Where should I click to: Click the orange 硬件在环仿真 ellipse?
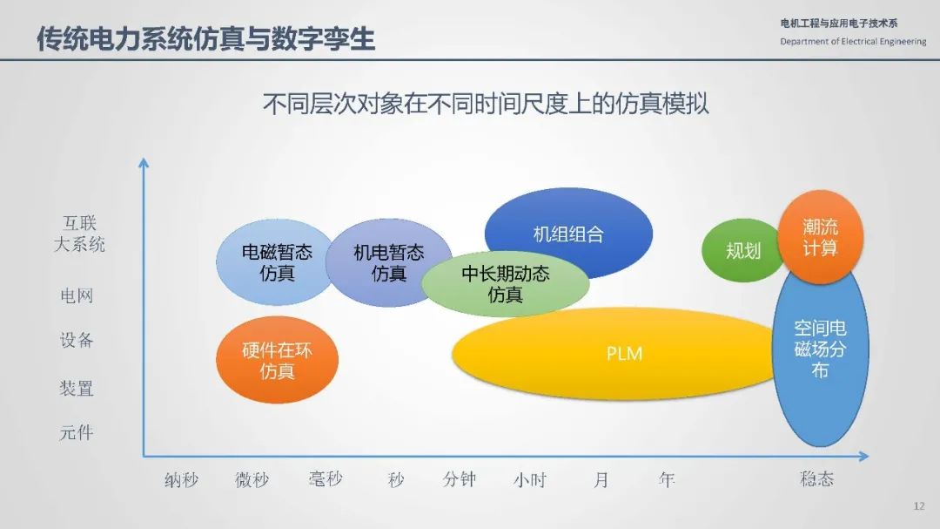[277, 360]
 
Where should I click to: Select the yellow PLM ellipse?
[617, 354]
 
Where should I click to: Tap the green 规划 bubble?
[742, 250]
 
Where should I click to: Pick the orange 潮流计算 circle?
[820, 236]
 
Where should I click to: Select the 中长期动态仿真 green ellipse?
[506, 284]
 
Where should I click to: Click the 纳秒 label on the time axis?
[181, 480]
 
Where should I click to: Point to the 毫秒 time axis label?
[326, 479]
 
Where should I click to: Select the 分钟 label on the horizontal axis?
[460, 479]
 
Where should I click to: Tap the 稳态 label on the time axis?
[816, 478]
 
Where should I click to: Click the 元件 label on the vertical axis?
[76, 432]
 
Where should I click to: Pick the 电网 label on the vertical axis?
[77, 295]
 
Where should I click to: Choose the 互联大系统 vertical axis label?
[80, 234]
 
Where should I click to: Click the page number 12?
[919, 506]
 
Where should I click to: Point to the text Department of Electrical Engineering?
[853, 42]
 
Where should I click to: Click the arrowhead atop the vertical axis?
[144, 163]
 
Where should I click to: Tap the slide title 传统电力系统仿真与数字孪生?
[205, 38]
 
